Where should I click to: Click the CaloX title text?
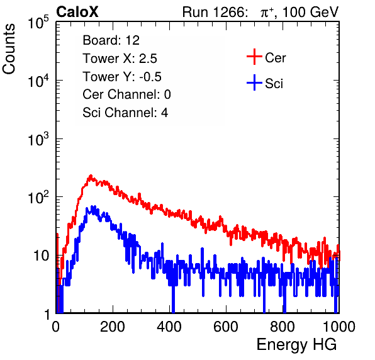(77, 12)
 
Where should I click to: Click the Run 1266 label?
(215, 12)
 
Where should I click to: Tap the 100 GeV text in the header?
(310, 12)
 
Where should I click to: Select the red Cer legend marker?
(254, 57)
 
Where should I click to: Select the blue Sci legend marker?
(254, 83)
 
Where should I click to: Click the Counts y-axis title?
(9, 49)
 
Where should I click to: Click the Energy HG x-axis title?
(296, 345)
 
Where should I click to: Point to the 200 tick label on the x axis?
(113, 327)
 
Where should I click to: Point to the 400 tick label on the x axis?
(169, 327)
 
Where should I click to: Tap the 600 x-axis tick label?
(226, 327)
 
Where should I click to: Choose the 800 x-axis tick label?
(283, 327)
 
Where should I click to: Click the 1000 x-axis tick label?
(339, 327)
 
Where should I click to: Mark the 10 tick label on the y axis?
(42, 256)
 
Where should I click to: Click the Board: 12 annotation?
(111, 40)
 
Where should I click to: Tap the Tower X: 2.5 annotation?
(120, 59)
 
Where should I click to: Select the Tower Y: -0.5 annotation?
(122, 77)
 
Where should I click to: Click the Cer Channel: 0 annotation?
(126, 94)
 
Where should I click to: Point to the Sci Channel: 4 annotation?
(125, 113)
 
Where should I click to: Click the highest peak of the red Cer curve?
(91, 176)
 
